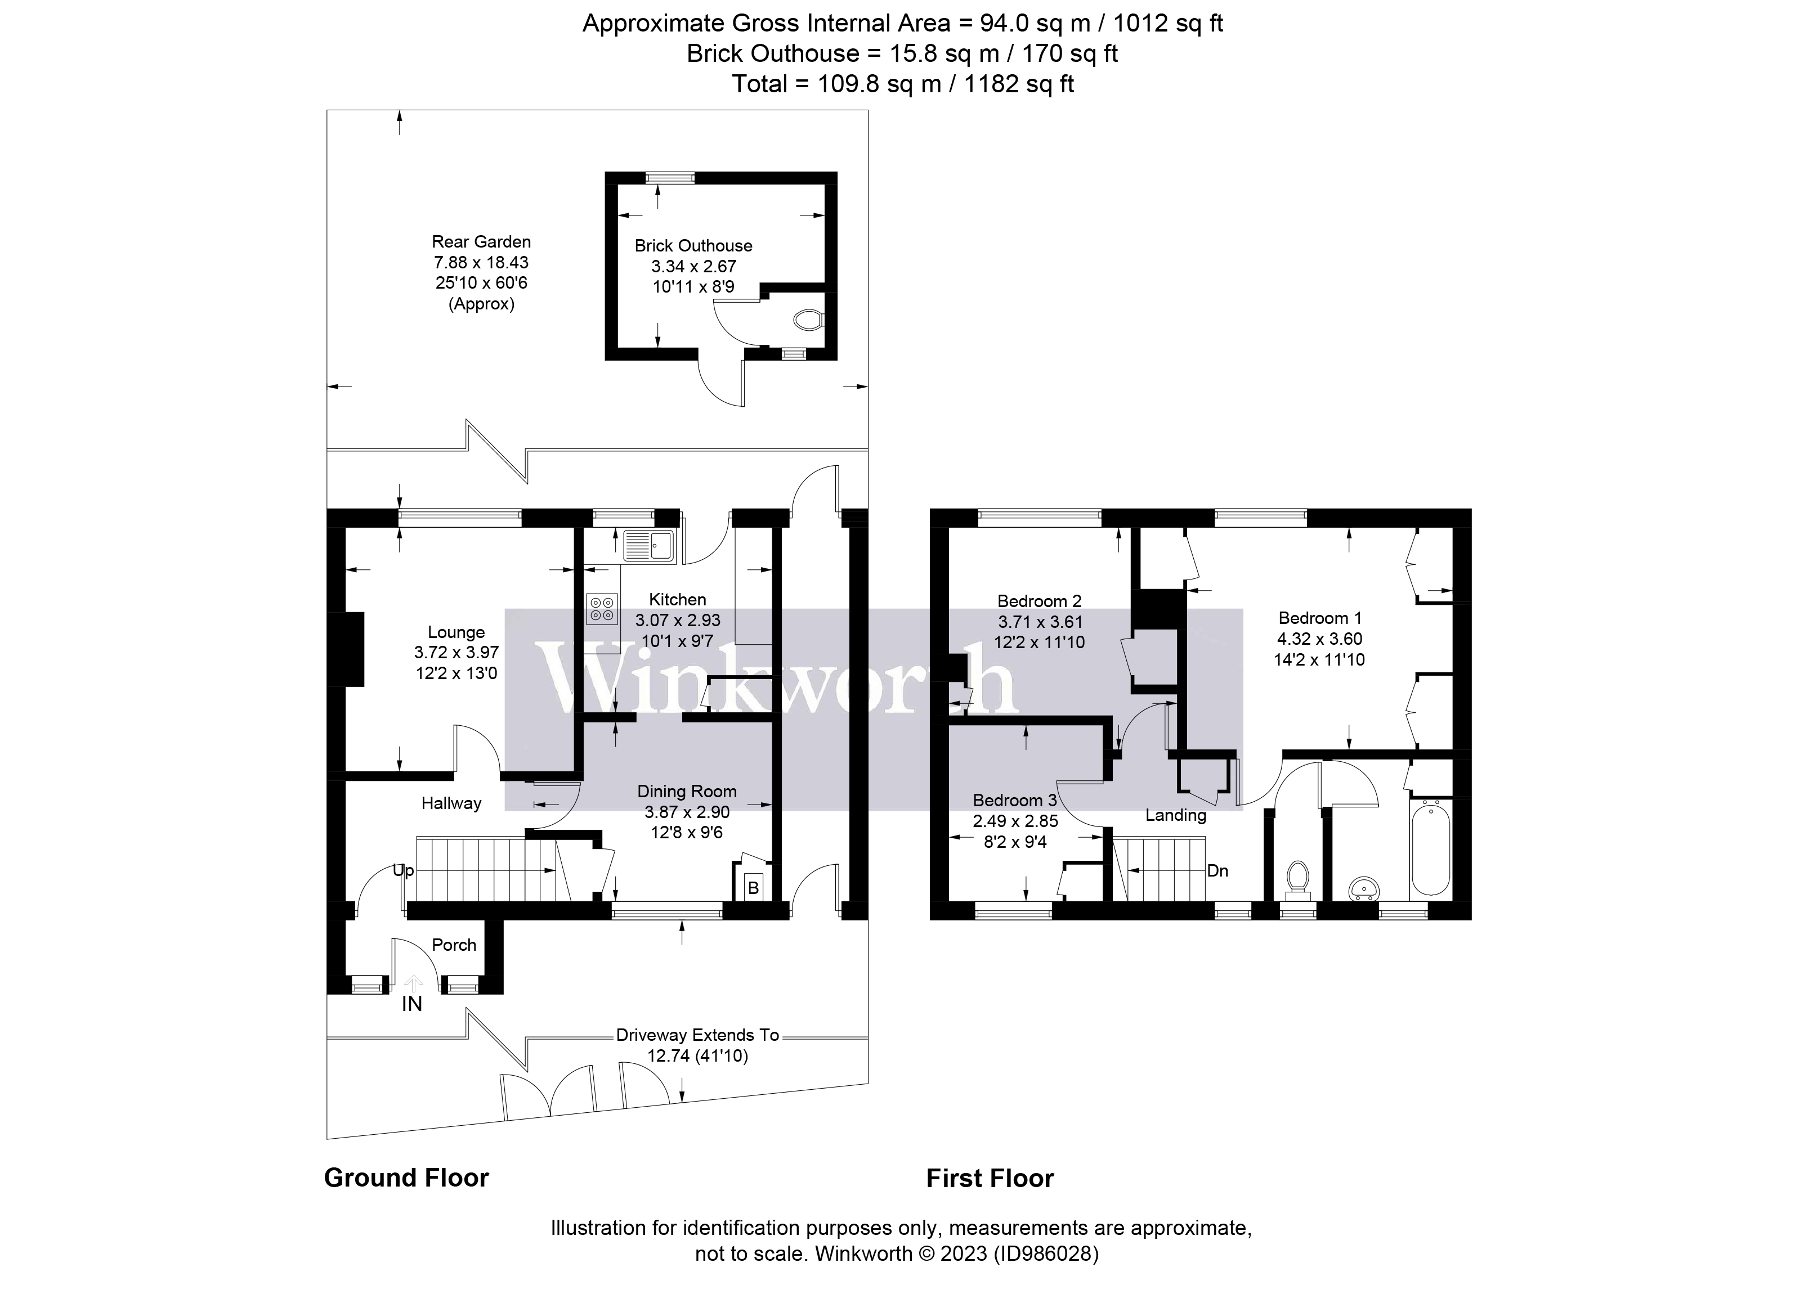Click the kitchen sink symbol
coord(648,545)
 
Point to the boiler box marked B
coord(753,888)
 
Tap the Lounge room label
coord(456,632)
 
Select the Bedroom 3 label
coord(1015,800)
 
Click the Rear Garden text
coord(481,242)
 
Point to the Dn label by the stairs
coord(1217,871)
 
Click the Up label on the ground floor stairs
coord(404,871)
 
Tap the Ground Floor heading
coord(406,1178)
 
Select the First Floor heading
coord(990,1179)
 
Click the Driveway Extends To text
coord(697,1035)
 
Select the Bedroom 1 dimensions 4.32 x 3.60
coord(1319,639)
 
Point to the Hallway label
coord(451,803)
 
